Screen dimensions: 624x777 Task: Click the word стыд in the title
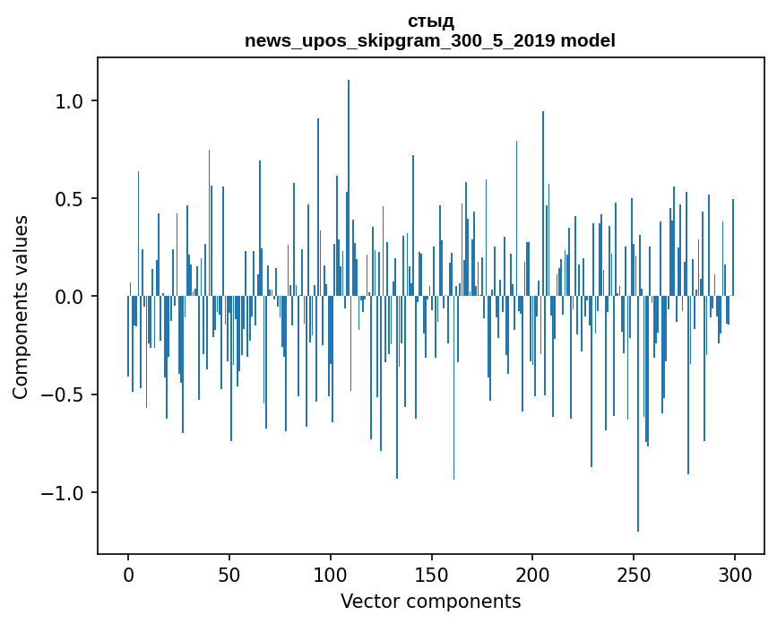click(430, 22)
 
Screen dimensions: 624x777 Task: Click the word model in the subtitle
click(589, 40)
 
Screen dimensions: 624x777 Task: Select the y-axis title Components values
click(21, 307)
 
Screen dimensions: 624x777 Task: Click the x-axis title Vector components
click(430, 601)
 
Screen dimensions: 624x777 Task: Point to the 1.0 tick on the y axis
click(73, 101)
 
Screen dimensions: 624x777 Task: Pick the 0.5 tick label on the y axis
click(73, 199)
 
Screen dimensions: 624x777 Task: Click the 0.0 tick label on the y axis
click(73, 297)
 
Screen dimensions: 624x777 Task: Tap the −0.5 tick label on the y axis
click(66, 394)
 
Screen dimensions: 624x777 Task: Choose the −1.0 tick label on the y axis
click(66, 493)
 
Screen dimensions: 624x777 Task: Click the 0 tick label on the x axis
click(128, 575)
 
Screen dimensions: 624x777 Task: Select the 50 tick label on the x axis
click(229, 575)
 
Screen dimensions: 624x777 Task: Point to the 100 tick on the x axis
click(331, 575)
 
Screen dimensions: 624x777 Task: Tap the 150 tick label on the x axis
click(432, 575)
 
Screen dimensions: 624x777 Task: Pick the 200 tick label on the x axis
click(532, 575)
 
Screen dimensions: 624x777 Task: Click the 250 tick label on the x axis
click(634, 575)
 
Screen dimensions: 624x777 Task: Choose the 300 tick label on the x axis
click(735, 575)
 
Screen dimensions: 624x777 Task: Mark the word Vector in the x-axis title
click(366, 601)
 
